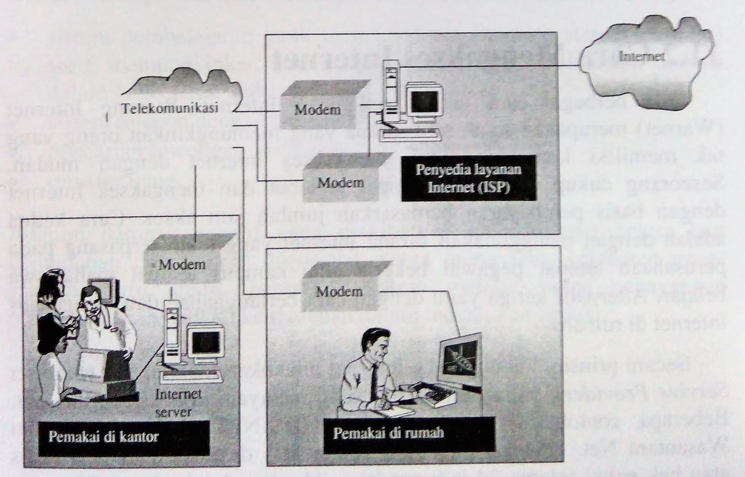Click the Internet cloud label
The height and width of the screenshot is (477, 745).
(641, 57)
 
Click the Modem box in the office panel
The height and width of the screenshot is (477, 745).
(182, 265)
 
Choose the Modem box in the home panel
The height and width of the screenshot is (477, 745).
(339, 291)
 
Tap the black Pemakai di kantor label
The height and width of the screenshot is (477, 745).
(103, 437)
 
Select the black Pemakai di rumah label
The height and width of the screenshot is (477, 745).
(388, 433)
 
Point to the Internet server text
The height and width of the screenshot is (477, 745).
(178, 402)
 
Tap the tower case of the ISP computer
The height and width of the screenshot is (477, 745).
(391, 93)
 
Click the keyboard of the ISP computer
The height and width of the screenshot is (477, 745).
(410, 135)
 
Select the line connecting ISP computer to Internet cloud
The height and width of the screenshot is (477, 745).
(489, 67)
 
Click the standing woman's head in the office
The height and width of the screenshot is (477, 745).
(52, 285)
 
